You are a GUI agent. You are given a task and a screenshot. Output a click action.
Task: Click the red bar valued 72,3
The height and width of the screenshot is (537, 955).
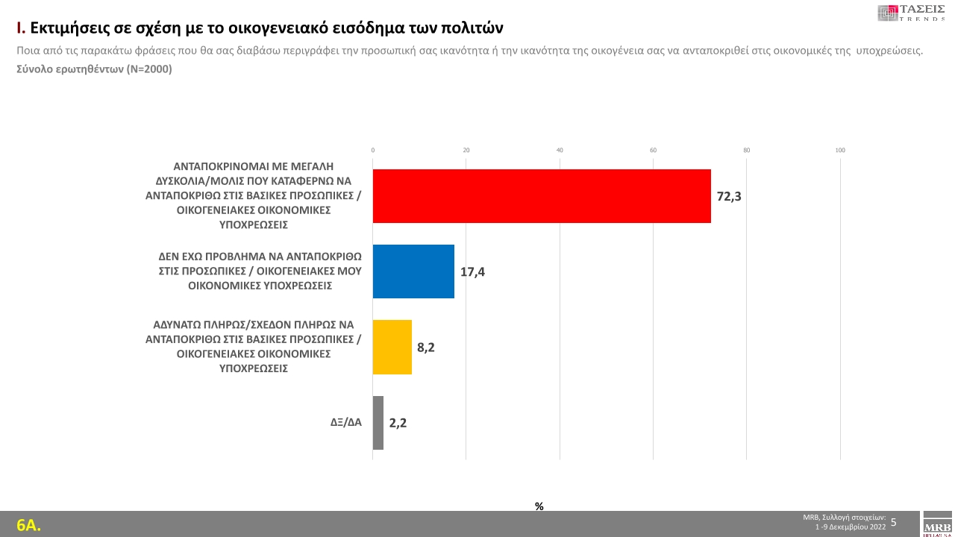coord(542,196)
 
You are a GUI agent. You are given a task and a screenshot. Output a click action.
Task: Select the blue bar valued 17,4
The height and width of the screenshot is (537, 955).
coord(413,271)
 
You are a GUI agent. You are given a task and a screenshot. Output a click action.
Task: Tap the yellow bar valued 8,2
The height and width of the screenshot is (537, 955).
coord(392,347)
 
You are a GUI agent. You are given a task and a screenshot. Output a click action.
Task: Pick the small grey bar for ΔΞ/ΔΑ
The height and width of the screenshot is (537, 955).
coord(378,423)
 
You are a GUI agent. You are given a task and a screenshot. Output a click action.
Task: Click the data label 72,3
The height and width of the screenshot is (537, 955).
coord(728,197)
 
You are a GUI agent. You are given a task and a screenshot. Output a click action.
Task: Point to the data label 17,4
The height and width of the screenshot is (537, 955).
coord(472,272)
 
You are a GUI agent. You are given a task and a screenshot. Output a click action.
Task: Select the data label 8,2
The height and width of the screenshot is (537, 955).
coord(426,348)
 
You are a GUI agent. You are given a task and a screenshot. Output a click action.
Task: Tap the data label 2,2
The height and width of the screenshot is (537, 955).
coord(398,423)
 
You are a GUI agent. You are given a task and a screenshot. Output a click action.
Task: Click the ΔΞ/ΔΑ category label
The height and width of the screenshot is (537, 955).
coord(346,422)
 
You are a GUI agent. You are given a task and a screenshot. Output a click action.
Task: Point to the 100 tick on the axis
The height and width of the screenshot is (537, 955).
coord(840,151)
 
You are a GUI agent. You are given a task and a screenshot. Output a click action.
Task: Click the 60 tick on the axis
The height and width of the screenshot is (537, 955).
coord(653,151)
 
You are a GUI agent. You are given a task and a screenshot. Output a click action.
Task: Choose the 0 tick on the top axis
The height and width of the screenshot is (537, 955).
coord(373,151)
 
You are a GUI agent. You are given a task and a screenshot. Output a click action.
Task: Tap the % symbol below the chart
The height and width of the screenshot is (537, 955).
coord(539,506)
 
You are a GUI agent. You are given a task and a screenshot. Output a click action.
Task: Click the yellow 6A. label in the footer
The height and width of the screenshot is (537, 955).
coord(28,525)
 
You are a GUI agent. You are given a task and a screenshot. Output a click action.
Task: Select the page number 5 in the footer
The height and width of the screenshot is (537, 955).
coord(894,522)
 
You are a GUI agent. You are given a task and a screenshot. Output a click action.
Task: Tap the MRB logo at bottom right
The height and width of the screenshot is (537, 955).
coord(937,524)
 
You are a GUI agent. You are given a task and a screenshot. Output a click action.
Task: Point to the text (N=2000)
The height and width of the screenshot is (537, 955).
coord(148,69)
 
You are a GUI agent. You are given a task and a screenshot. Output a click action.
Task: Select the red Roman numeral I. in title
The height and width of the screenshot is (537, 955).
coord(21,28)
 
